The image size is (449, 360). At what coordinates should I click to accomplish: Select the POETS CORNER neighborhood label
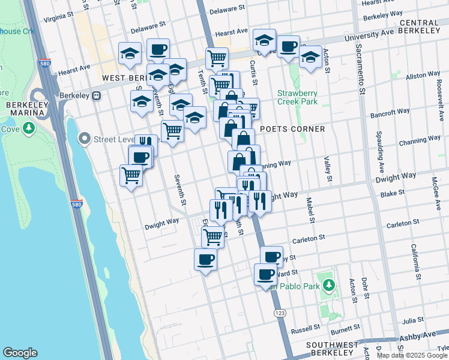click(292, 129)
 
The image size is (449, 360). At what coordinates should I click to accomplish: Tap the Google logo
click(20, 353)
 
